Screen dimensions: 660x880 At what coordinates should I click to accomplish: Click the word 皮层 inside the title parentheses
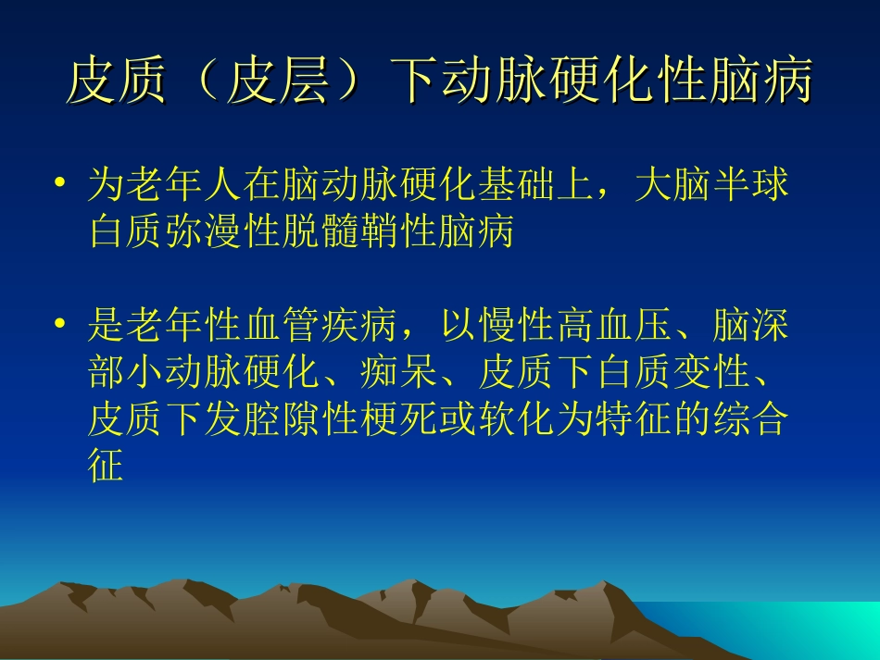pyautogui.click(x=278, y=82)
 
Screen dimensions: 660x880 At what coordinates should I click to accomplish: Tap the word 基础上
pyautogui.click(x=537, y=185)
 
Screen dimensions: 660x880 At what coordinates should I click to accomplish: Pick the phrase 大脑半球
pyautogui.click(x=713, y=185)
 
